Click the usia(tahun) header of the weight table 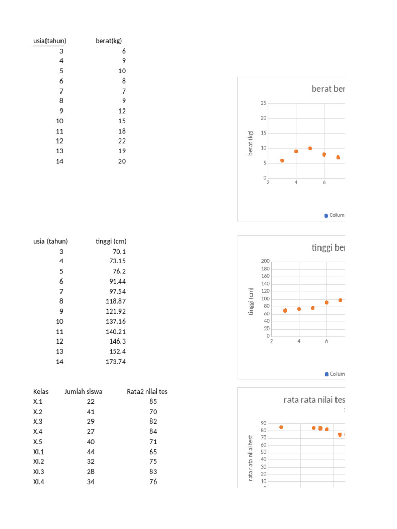50,41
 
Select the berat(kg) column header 109,41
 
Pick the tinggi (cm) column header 111,241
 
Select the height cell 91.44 116,282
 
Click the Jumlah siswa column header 83,392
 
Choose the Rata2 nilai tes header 147,392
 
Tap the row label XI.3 39,472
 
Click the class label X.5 38,442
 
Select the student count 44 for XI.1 91,452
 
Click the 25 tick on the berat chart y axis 263,103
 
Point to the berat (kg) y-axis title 251,143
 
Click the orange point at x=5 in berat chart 310,148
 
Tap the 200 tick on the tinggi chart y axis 266,261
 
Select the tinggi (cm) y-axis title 251,302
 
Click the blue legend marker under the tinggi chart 326,374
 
